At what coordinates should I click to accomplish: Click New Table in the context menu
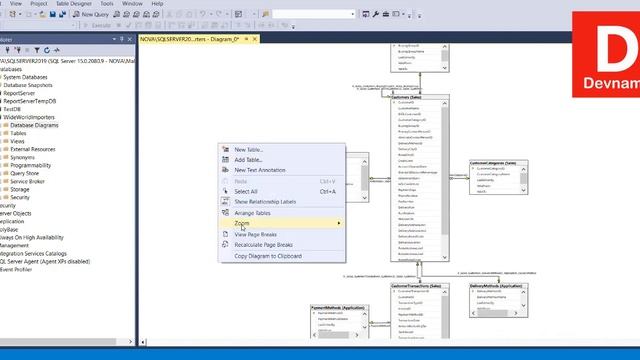click(x=249, y=150)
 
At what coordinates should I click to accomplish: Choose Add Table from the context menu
click(x=248, y=160)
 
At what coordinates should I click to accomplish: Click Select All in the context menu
click(x=246, y=191)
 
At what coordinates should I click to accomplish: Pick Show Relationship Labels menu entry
click(x=265, y=201)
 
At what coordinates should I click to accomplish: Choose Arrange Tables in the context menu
click(x=252, y=213)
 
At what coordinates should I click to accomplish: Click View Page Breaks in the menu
click(x=255, y=234)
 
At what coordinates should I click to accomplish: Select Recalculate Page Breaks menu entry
click(x=263, y=244)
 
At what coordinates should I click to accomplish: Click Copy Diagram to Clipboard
click(x=268, y=256)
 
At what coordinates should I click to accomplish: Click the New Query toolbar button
click(x=92, y=15)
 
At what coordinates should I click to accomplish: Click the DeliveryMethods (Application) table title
click(x=497, y=287)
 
